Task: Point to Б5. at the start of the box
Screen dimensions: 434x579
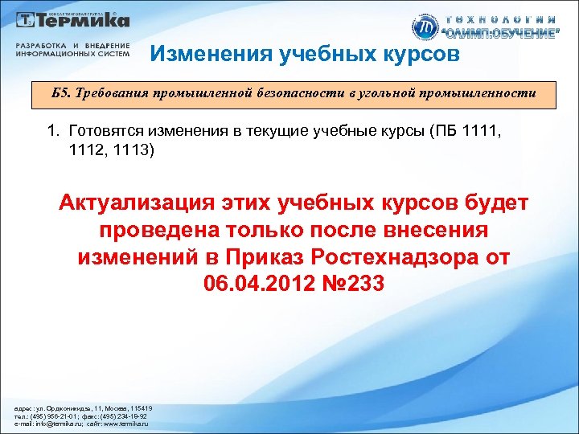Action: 64,93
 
